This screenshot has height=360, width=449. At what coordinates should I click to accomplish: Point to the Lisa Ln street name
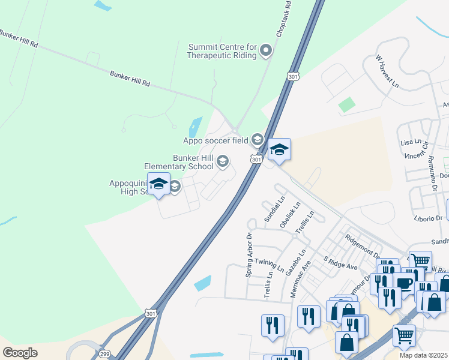click(x=411, y=143)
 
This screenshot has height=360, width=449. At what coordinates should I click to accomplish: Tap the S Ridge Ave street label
click(x=340, y=262)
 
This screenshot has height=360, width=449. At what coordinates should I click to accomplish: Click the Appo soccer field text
click(x=215, y=141)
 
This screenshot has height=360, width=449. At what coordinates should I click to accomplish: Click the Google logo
click(x=20, y=352)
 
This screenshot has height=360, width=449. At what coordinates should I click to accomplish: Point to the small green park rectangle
click(x=346, y=105)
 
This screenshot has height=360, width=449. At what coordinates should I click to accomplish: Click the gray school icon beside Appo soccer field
click(x=258, y=140)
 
